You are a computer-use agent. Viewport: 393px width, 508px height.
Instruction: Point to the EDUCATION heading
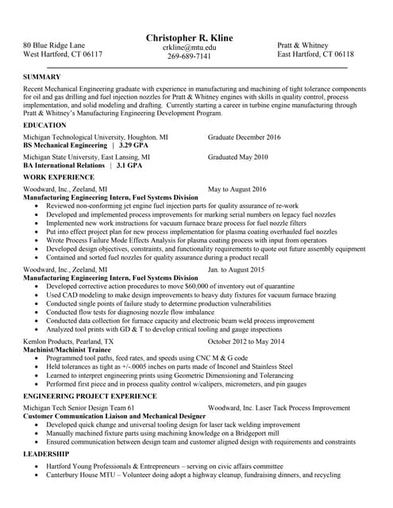click(x=45, y=125)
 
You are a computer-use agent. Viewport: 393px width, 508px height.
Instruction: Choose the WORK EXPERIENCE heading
click(x=59, y=177)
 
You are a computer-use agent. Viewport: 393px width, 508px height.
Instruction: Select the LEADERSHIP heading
click(x=47, y=455)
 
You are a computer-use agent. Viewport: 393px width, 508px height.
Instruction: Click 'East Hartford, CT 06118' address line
click(x=315, y=55)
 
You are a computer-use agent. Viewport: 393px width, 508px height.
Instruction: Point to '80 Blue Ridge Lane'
click(x=55, y=45)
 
